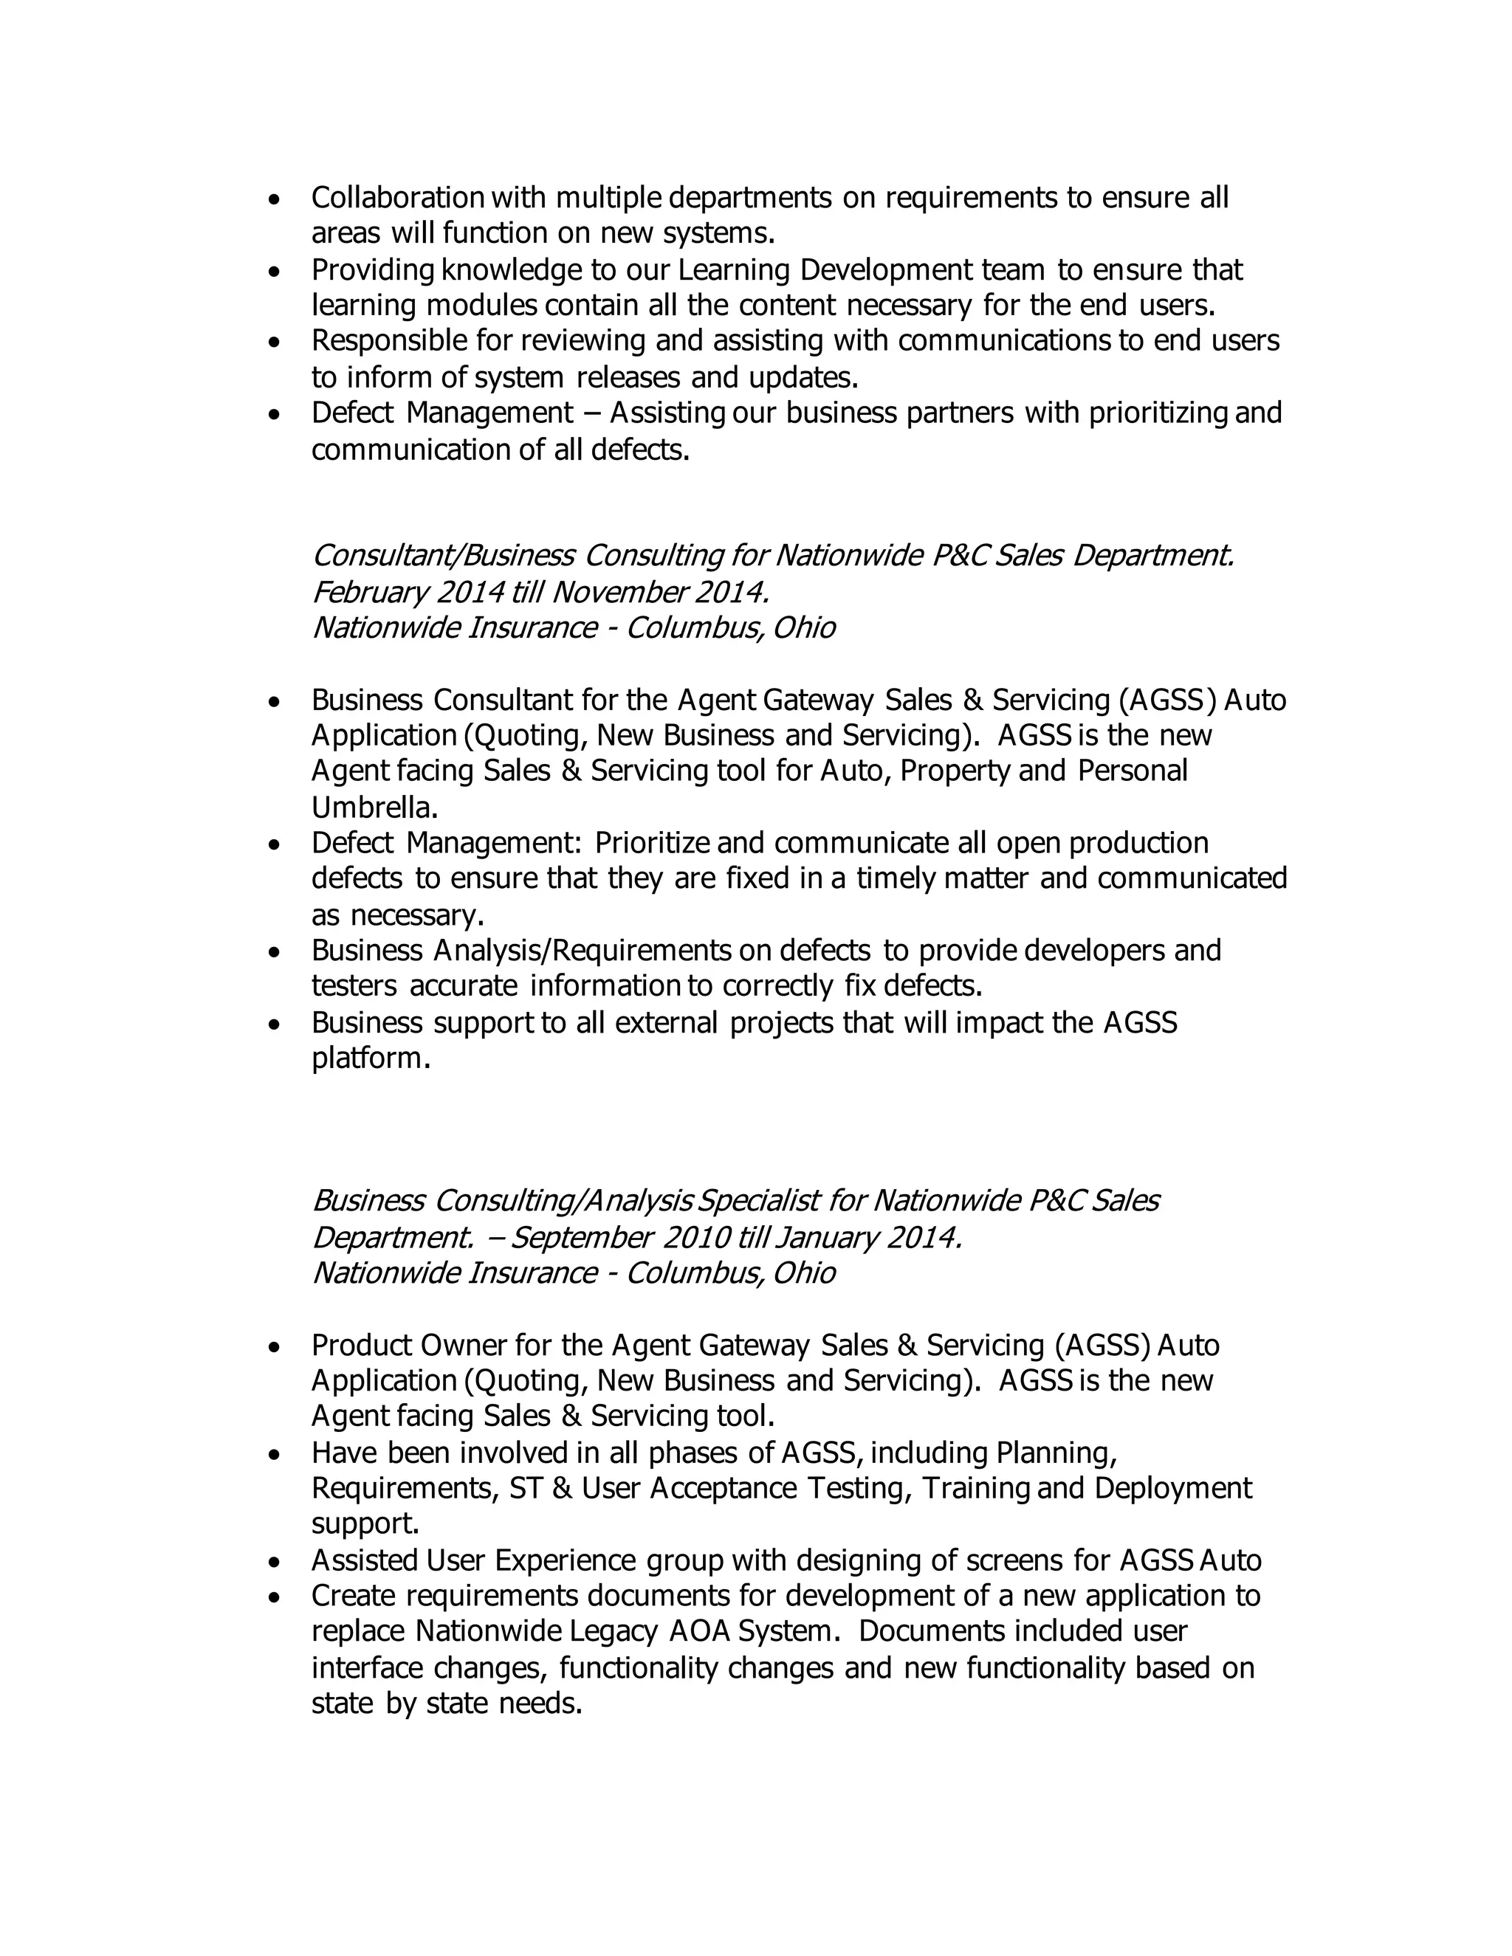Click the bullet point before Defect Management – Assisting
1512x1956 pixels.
[x=275, y=415]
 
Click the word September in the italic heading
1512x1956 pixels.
[x=583, y=1238]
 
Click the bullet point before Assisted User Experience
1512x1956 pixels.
[x=275, y=1562]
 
